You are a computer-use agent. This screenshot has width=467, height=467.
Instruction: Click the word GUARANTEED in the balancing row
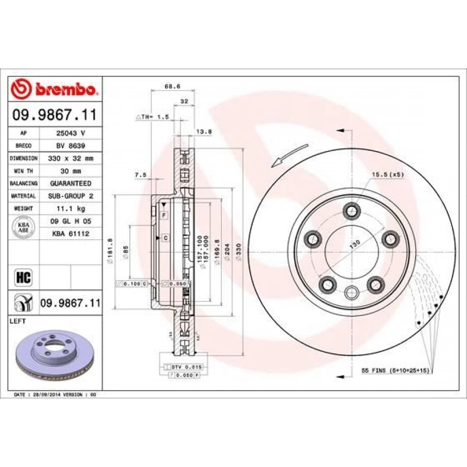(71, 184)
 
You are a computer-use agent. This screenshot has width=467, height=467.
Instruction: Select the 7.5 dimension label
(140, 175)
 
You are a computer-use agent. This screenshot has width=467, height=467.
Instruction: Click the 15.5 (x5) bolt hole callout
(387, 175)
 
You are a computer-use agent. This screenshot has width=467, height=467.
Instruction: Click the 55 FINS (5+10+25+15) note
(396, 372)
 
